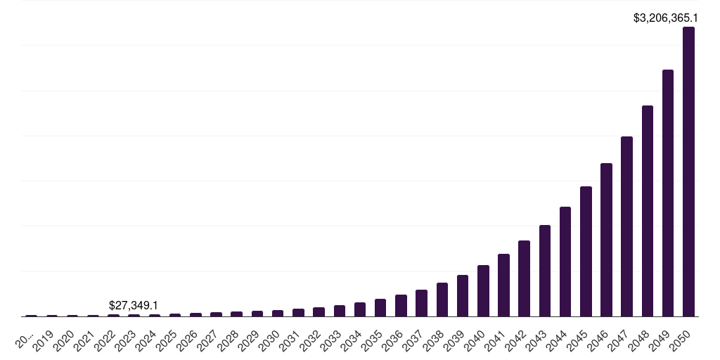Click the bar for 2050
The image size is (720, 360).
click(x=688, y=172)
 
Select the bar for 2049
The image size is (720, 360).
click(x=668, y=193)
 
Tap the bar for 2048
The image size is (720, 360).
click(x=648, y=211)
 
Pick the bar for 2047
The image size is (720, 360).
click(x=626, y=226)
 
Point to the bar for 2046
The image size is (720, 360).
click(x=606, y=240)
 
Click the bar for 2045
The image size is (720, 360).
click(x=586, y=252)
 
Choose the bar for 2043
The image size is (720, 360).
click(x=545, y=271)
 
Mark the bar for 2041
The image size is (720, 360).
click(x=503, y=285)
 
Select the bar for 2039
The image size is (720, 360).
click(x=463, y=296)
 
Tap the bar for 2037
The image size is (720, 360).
click(x=421, y=303)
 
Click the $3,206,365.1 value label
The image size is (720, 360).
click(x=665, y=18)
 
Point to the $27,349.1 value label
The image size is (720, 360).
click(x=134, y=305)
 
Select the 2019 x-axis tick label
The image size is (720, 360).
click(x=44, y=341)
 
